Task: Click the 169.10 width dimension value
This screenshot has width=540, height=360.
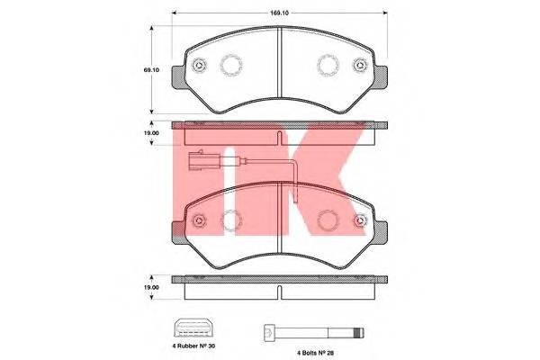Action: tap(279, 13)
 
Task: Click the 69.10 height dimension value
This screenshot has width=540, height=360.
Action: tap(151, 70)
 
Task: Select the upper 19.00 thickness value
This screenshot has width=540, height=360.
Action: tap(151, 133)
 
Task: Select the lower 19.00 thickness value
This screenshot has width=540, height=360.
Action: tap(151, 287)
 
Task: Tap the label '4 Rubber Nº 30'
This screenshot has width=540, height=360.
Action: tap(193, 346)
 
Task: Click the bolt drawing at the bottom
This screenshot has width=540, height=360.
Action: tap(314, 333)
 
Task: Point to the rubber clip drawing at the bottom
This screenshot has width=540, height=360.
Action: tap(193, 328)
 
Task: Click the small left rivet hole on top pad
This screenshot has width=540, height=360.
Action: tap(199, 65)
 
